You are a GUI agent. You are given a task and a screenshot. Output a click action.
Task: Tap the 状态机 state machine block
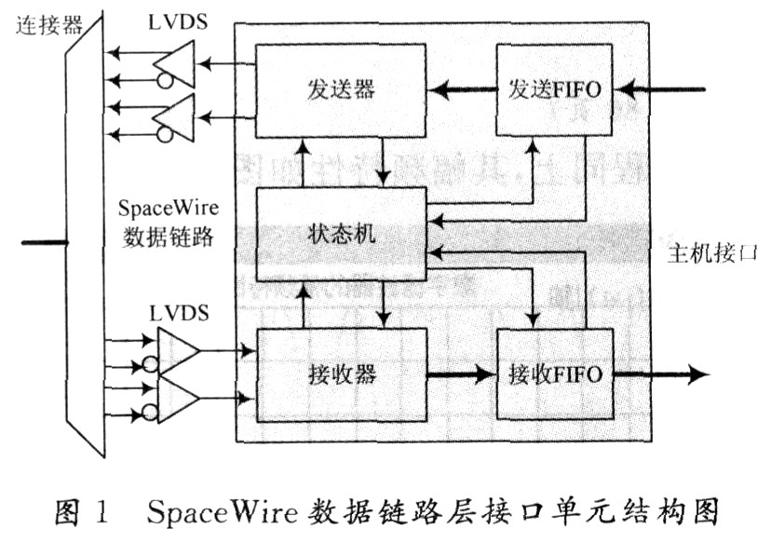pyautogui.click(x=340, y=235)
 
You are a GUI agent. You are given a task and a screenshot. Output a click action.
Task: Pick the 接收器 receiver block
pyautogui.click(x=340, y=375)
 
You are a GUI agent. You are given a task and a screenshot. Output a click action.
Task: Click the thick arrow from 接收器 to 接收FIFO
pyautogui.click(x=460, y=376)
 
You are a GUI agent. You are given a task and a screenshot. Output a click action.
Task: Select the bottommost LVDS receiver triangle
pyautogui.click(x=177, y=399)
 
